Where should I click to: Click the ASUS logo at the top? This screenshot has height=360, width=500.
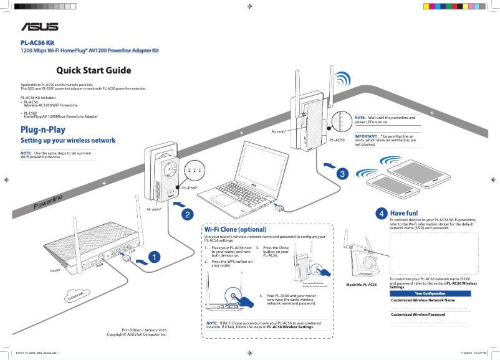[x=41, y=27]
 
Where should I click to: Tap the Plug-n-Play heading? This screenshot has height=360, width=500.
[x=43, y=130]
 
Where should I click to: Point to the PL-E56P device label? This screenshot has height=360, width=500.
[x=190, y=187]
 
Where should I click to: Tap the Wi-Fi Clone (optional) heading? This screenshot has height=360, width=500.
[x=235, y=229]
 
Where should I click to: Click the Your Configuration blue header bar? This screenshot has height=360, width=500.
[x=430, y=293]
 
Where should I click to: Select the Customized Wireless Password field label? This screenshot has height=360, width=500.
[x=418, y=315]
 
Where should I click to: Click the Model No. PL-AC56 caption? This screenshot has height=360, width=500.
[x=361, y=285]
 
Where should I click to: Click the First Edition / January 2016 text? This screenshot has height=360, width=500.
[x=144, y=329]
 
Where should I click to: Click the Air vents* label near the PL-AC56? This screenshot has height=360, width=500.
[x=279, y=132]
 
